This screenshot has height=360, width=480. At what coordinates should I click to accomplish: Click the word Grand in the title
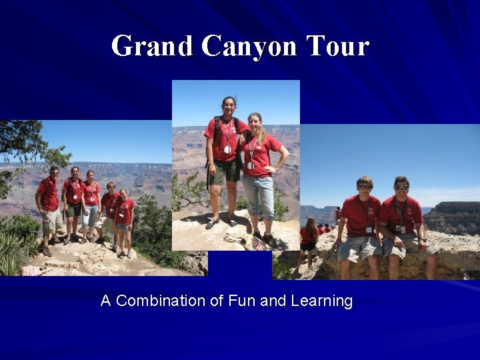153,47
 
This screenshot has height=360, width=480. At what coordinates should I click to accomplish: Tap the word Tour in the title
337,47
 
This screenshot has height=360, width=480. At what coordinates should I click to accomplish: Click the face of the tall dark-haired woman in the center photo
229,106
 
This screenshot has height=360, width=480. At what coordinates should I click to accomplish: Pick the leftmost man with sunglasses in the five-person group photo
49,200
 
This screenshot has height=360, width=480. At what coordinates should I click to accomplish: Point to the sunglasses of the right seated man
401,187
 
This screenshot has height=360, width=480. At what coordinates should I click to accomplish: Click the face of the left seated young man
365,187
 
